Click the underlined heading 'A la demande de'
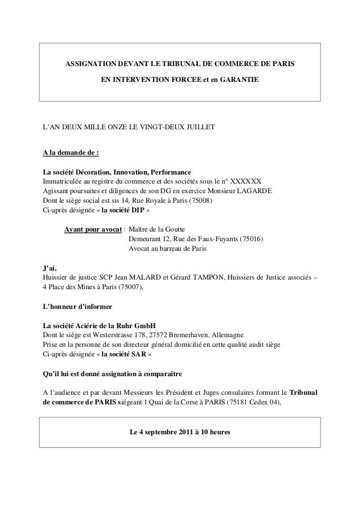(71, 152)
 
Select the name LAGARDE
(252, 191)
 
